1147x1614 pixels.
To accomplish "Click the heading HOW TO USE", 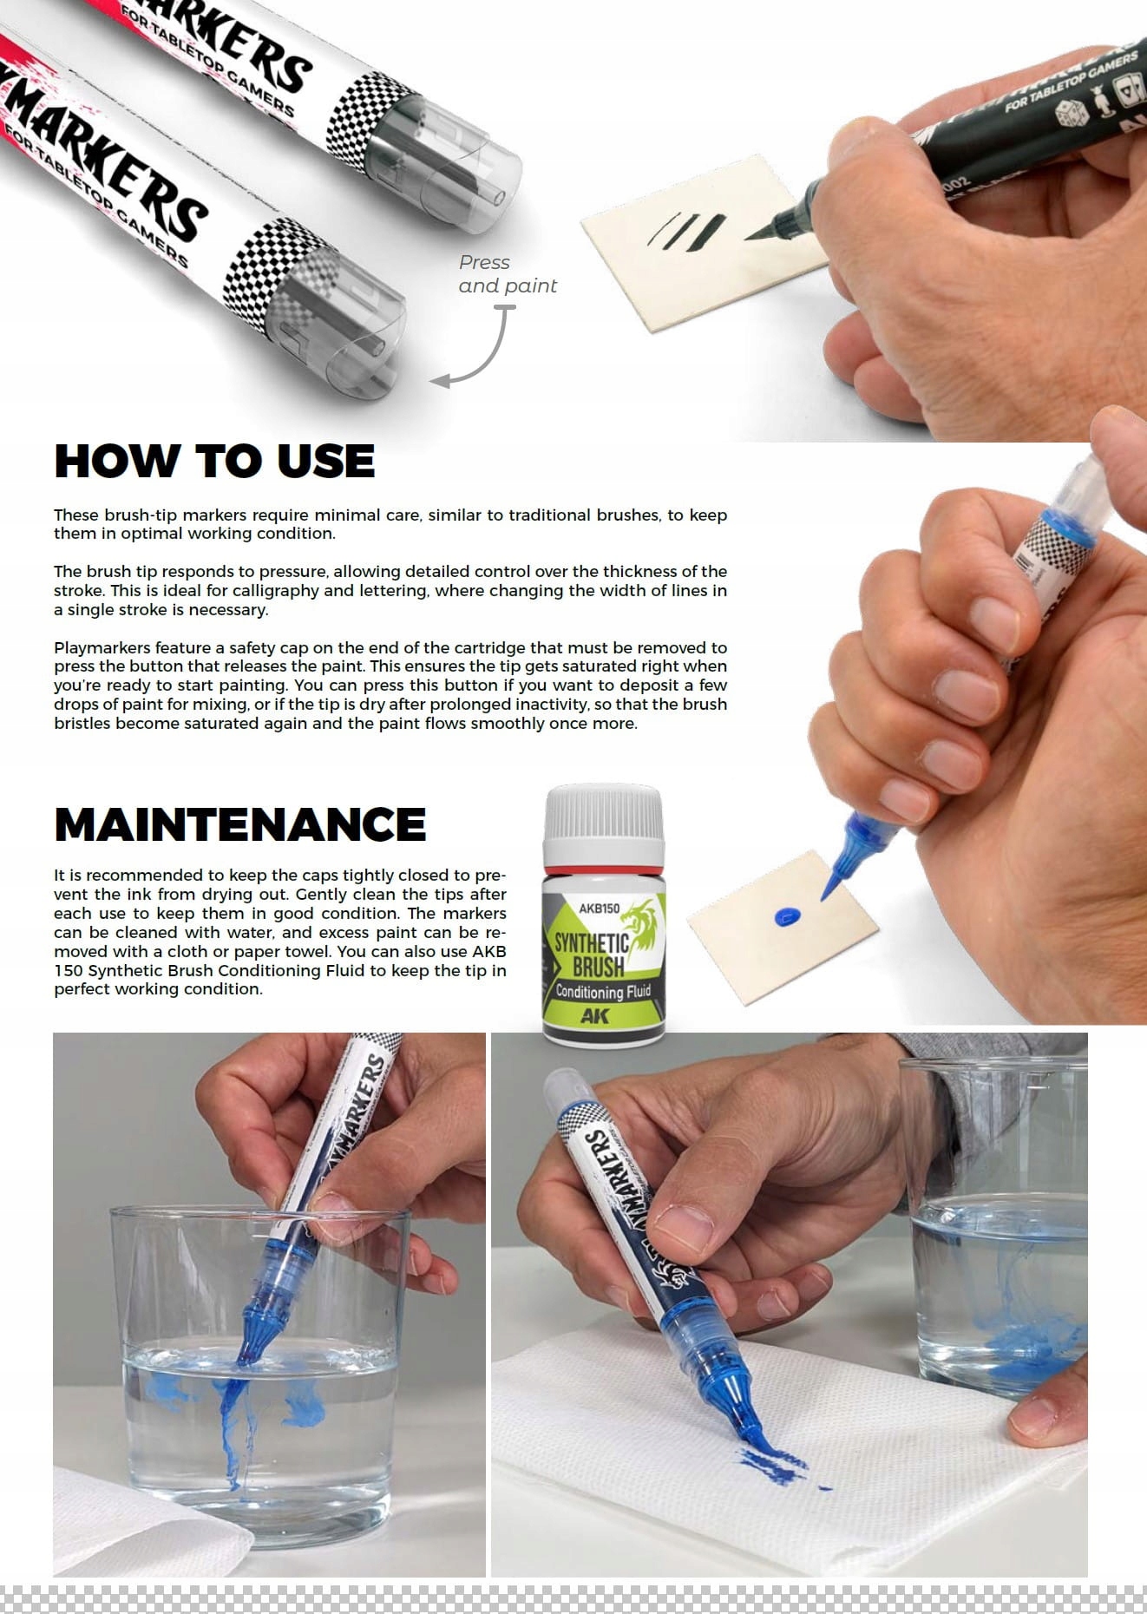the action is [214, 461].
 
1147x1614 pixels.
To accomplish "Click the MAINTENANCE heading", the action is [240, 824].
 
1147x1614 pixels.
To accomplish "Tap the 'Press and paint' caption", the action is [508, 274].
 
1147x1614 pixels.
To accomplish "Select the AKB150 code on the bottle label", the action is [600, 909].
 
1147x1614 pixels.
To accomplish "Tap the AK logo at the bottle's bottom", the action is [595, 1016].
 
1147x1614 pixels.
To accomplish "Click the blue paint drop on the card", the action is [788, 915].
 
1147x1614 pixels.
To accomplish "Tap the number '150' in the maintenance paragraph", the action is [68, 970].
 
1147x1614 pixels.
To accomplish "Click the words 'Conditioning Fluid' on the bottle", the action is [603, 991].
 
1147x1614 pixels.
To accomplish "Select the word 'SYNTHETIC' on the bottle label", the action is [591, 942].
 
